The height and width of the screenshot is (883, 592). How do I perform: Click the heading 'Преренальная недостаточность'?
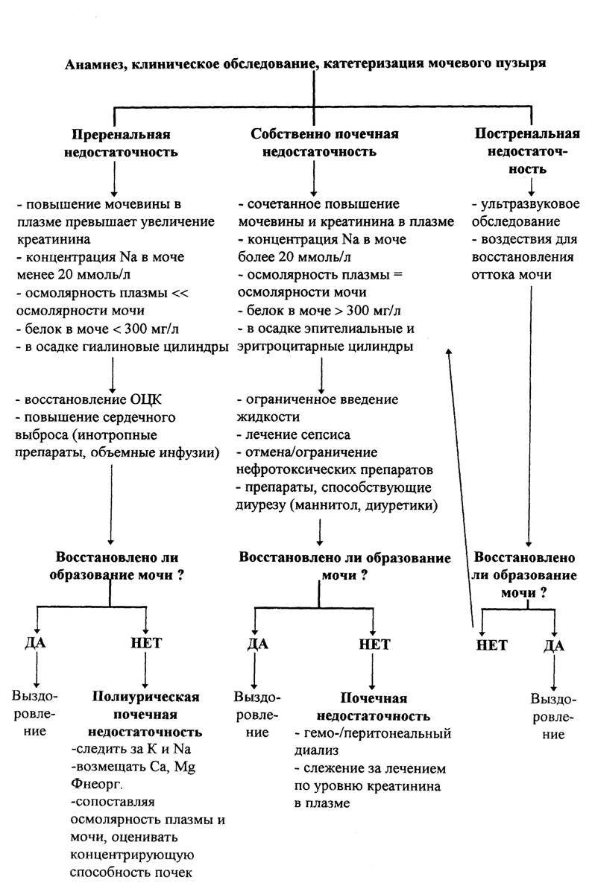121,143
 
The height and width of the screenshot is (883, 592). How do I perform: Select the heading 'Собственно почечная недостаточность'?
324,142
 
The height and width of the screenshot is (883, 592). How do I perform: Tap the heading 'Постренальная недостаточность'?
527,151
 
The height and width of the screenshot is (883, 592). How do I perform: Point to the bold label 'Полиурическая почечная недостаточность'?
145,714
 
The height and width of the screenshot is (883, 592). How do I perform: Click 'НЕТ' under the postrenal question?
491,645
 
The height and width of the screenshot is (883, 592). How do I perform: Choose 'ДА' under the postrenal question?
554,645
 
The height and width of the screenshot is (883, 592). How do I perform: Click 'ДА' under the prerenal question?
35,642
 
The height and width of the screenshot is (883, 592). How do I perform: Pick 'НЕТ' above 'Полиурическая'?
146,642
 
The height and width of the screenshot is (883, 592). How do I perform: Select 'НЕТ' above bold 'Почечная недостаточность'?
374,645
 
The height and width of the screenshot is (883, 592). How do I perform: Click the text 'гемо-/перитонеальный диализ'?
373,741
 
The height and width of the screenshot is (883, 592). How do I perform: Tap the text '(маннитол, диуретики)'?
364,505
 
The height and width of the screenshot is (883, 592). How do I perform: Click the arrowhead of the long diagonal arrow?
449,350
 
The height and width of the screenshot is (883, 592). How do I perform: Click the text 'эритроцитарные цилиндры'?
325,346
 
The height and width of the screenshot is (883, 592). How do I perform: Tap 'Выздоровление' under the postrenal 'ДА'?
553,717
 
